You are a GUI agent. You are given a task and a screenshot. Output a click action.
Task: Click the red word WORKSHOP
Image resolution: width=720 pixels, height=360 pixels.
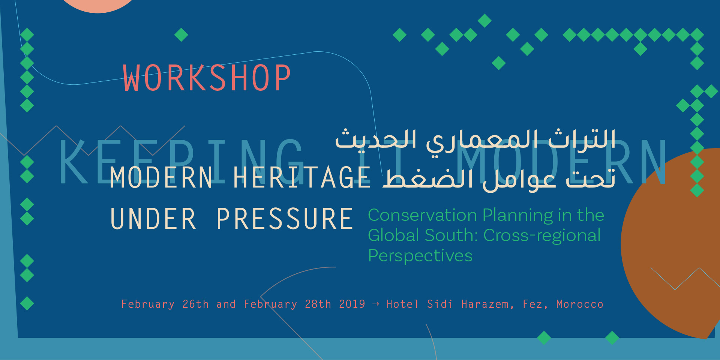point(207,78)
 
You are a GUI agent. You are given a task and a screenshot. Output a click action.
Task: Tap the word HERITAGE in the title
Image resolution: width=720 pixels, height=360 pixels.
point(302,177)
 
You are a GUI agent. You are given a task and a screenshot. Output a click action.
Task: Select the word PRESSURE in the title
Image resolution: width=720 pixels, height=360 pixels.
point(285,219)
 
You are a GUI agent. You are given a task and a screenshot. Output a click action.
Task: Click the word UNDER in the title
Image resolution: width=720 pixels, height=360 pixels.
point(153,219)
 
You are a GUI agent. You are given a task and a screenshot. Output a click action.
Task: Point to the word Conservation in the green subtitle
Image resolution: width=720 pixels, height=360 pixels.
point(423,215)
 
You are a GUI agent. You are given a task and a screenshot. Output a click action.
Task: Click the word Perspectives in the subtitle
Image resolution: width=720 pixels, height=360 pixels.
point(420,256)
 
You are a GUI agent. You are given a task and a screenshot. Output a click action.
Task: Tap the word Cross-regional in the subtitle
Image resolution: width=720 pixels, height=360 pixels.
point(542,236)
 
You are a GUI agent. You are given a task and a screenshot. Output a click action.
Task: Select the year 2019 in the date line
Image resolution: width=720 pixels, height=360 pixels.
point(352,304)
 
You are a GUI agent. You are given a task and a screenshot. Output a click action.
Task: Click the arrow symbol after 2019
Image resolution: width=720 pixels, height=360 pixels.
point(376,304)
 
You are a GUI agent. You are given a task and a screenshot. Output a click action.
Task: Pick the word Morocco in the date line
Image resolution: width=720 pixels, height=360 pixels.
point(580,304)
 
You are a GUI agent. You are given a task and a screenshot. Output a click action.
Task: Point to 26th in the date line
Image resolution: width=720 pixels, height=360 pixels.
point(195,304)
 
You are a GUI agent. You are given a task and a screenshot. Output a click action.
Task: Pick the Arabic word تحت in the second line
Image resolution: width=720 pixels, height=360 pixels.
point(590,178)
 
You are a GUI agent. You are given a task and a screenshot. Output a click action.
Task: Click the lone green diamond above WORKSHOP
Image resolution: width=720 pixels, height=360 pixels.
point(181,35)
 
